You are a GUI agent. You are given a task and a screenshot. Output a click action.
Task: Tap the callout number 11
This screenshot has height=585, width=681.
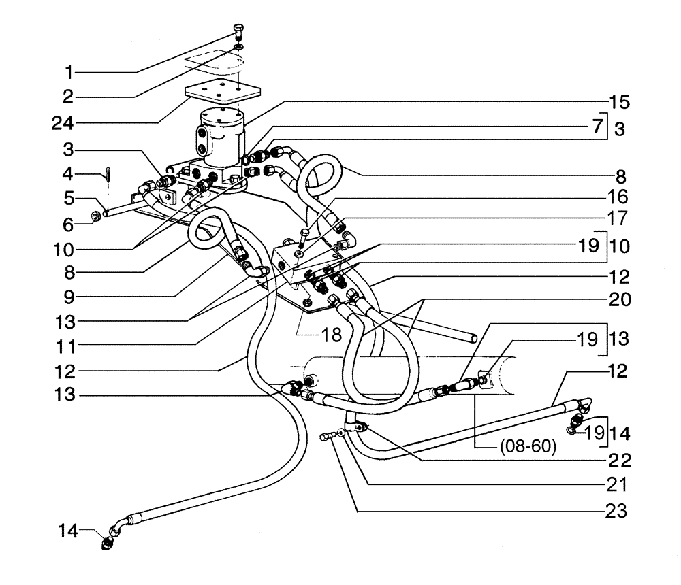click(67, 346)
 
